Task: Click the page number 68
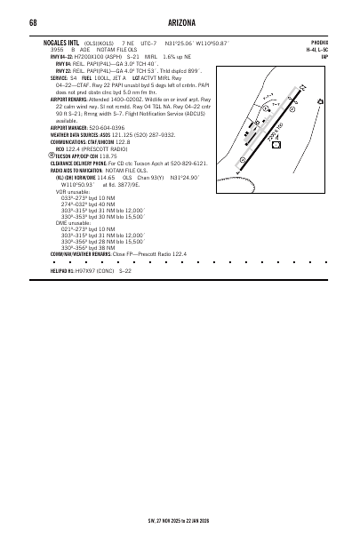coord(32,20)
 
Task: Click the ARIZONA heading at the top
coord(180,20)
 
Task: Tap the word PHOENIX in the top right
coord(320,42)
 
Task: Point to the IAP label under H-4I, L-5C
coord(324,56)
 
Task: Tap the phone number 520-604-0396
coord(108,127)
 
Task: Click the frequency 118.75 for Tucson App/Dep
coord(108,155)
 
